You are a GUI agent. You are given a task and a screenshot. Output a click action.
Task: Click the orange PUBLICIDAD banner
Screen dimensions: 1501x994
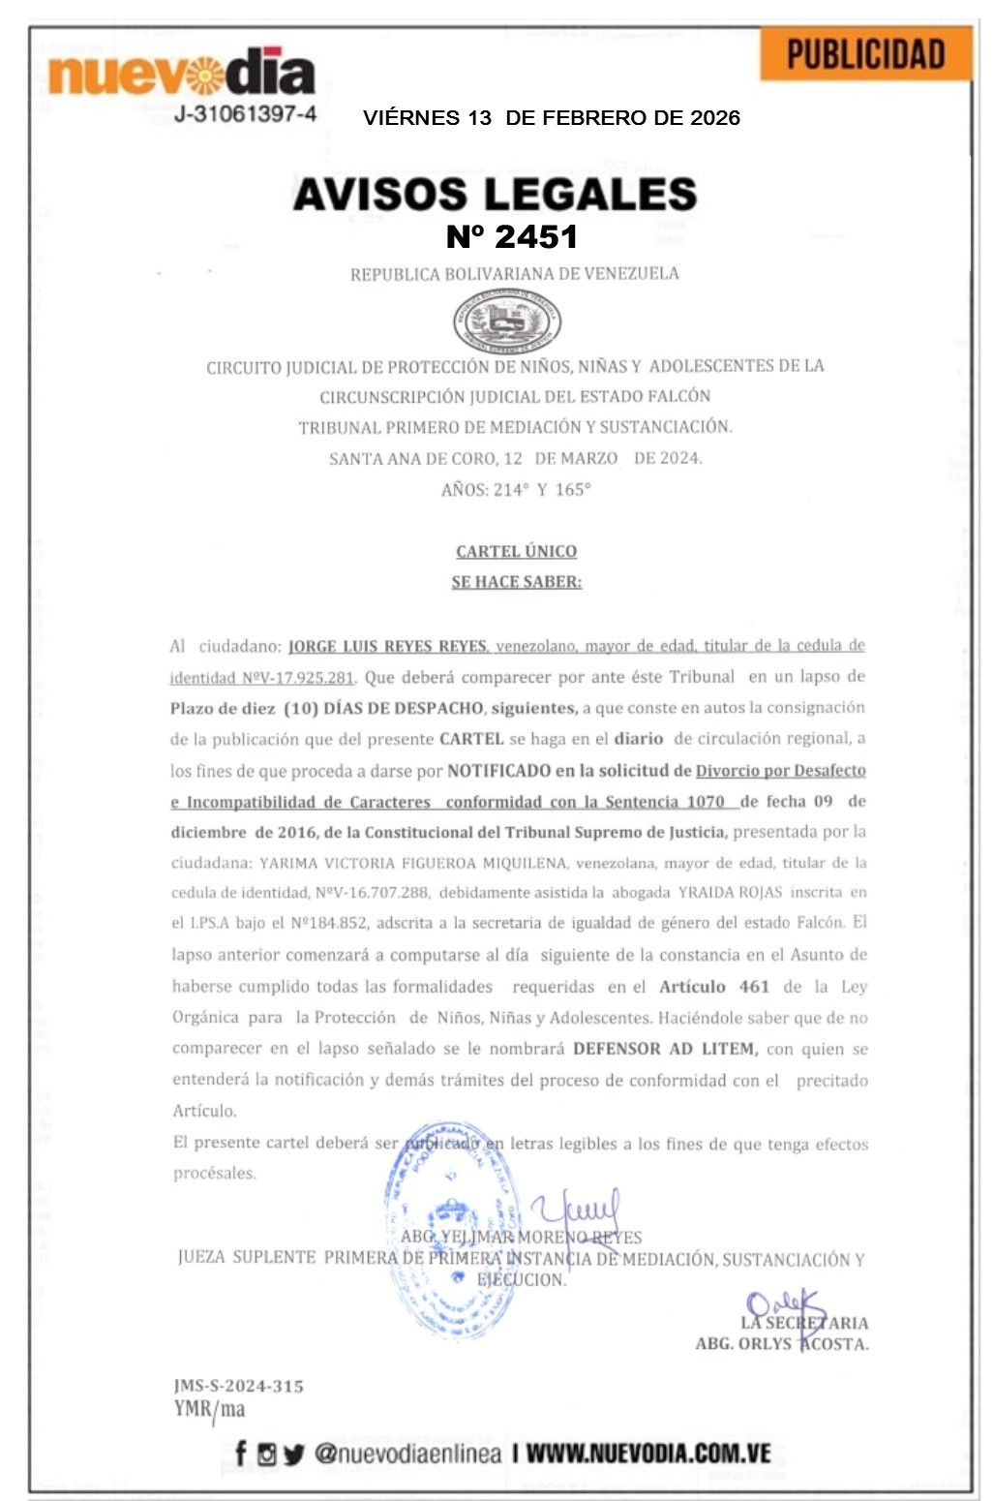865,54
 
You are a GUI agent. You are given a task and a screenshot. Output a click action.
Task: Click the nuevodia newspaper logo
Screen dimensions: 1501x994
182,74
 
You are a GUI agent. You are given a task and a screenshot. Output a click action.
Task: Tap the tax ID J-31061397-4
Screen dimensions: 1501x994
245,114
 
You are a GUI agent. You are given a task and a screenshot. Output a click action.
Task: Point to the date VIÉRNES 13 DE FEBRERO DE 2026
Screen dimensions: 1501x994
551,118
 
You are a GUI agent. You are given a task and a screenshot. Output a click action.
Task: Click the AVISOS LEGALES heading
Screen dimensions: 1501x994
495,194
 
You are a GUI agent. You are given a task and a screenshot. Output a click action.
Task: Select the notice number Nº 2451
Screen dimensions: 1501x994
511,236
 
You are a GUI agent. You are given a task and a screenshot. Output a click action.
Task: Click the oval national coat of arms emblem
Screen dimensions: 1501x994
507,322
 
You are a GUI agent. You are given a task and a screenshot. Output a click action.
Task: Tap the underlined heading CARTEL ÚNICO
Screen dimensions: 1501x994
516,551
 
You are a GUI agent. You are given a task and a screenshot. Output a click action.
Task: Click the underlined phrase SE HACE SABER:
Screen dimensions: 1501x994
516,582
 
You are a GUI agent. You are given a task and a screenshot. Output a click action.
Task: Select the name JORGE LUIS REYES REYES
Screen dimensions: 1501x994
388,646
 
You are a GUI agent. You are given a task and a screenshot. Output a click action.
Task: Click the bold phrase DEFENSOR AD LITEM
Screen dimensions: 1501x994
665,1049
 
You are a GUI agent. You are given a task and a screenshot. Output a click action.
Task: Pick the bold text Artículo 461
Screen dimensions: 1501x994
714,987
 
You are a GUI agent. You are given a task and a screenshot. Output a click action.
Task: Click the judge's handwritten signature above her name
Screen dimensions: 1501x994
578,1210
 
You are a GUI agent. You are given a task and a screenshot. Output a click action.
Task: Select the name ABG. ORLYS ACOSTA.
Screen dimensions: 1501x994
781,1344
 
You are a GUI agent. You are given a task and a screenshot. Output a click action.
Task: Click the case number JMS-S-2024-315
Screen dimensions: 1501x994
238,1386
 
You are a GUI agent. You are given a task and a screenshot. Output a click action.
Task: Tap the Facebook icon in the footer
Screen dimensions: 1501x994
241,1453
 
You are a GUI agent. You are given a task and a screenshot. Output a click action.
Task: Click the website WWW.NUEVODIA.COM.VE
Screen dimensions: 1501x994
648,1453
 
